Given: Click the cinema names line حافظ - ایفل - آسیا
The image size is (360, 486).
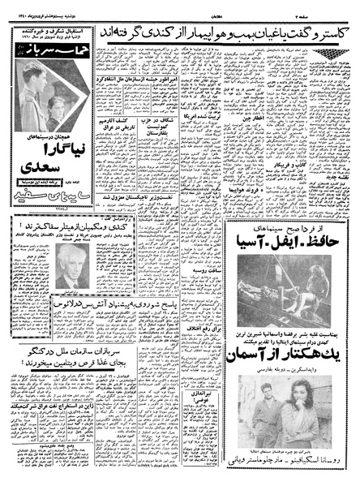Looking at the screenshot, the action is point(293,244).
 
